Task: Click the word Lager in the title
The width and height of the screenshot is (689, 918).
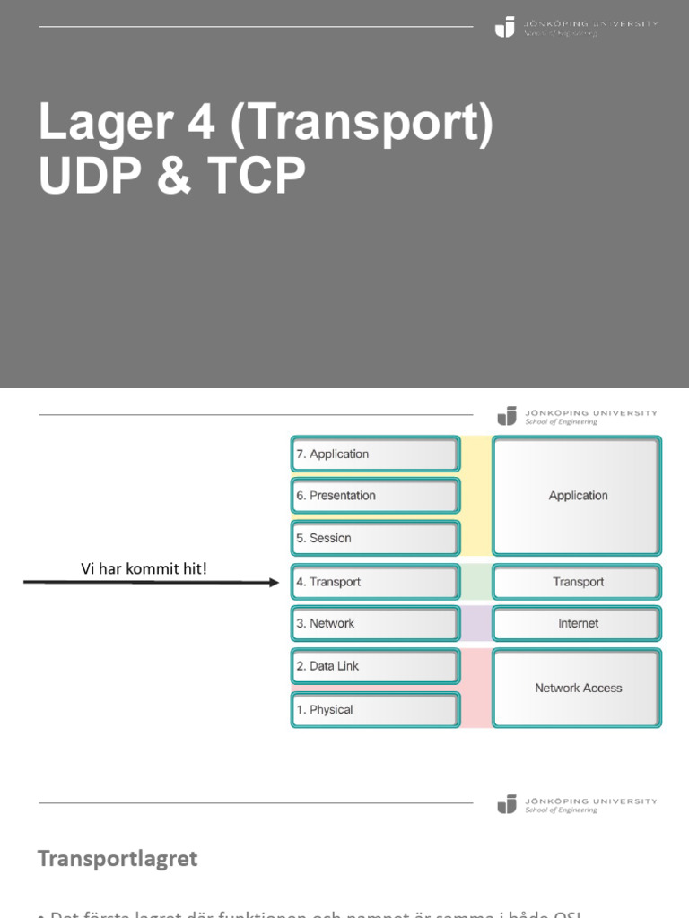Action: pos(100,124)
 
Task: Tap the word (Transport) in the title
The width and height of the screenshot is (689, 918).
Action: pos(362,124)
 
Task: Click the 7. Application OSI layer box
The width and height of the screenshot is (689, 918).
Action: pos(375,455)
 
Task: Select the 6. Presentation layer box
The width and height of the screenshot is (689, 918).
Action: pos(375,496)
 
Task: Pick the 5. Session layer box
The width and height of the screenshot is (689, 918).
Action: pos(375,538)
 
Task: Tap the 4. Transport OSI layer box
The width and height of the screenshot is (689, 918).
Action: pos(375,582)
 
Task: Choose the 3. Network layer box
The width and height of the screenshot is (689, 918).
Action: pos(375,624)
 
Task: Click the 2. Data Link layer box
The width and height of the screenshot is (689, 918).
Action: pos(375,666)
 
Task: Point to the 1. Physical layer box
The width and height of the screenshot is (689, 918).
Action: pos(375,709)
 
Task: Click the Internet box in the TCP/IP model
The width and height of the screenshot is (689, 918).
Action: pos(578,624)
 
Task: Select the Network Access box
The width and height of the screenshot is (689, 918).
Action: pos(578,688)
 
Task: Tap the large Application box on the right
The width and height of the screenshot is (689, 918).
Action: pos(578,496)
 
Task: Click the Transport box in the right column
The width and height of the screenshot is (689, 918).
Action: pos(578,582)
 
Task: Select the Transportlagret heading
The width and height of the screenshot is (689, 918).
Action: pos(118,859)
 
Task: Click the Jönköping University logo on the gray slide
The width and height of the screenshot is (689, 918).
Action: pos(576,27)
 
